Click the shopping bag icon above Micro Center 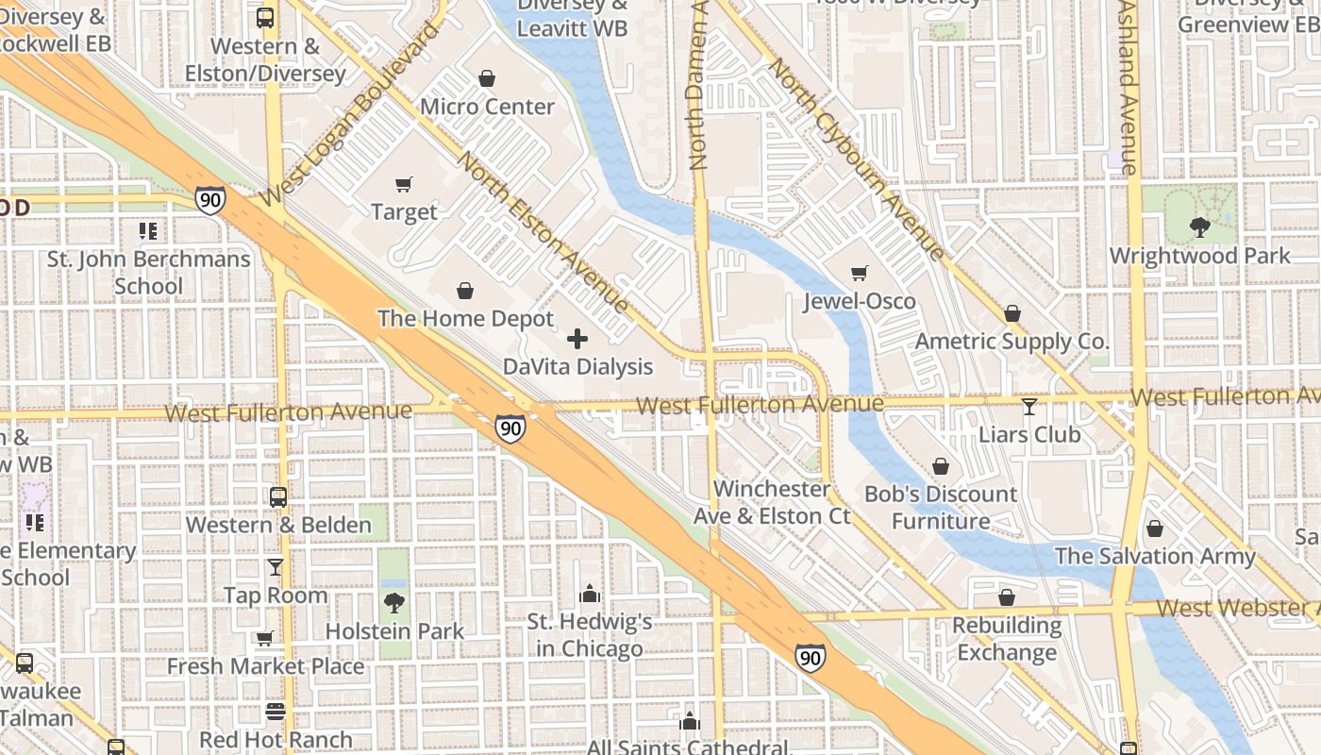(487, 78)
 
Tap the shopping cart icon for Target (404, 184)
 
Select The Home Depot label (465, 318)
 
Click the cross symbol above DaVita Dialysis (577, 339)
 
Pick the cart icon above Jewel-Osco (859, 274)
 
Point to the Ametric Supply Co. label (1012, 341)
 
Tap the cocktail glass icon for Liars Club (1029, 407)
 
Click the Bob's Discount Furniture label (941, 507)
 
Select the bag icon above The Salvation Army (1155, 528)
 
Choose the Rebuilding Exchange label (1007, 639)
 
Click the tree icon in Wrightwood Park (1199, 227)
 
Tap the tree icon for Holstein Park (394, 603)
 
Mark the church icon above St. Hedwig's (590, 594)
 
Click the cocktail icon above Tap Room (276, 567)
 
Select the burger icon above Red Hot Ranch (276, 712)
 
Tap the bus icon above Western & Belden (278, 496)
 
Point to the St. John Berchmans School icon (147, 231)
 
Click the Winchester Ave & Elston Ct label (772, 502)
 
